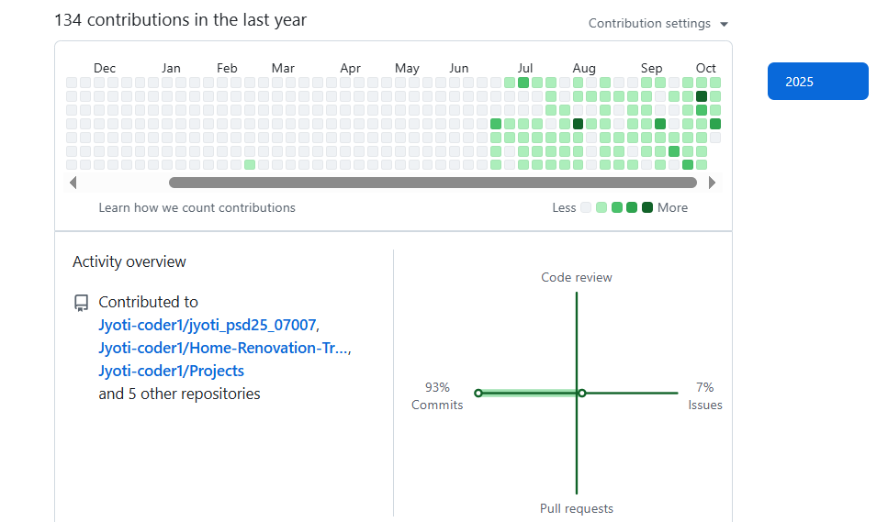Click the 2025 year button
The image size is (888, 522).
coord(817,82)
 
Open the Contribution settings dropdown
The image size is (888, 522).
coord(658,24)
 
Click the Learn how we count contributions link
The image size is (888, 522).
coord(197,207)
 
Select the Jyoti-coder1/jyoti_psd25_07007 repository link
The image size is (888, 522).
coord(208,325)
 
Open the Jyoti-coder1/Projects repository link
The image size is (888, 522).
coord(171,371)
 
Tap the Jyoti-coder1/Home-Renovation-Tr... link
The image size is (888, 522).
coord(223,348)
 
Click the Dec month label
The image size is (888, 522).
coord(105,68)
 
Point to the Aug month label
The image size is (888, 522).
coord(584,68)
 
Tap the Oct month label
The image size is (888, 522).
coord(705,68)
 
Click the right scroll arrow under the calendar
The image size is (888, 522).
coord(712,183)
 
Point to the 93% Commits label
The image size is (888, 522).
coord(437,396)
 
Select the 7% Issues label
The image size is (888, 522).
coord(705,396)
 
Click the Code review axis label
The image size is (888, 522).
coord(576,277)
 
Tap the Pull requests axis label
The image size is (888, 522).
coord(576,508)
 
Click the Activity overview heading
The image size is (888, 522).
coord(129,261)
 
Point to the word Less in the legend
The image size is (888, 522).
coord(564,207)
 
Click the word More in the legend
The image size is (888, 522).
coord(672,207)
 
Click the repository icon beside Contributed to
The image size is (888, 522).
coord(81,302)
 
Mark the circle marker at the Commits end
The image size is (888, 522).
coord(478,393)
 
